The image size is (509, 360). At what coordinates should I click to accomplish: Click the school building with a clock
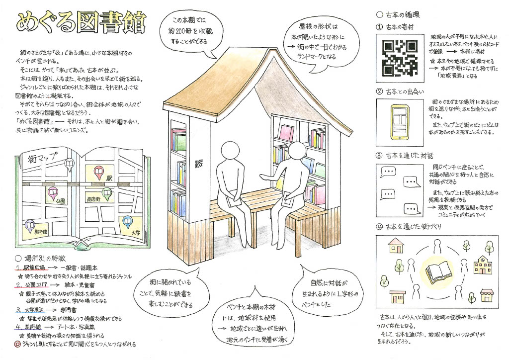(x=481, y=264)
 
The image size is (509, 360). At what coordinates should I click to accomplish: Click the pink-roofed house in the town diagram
(x=396, y=244)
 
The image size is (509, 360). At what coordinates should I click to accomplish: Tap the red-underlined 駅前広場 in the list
(x=34, y=267)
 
